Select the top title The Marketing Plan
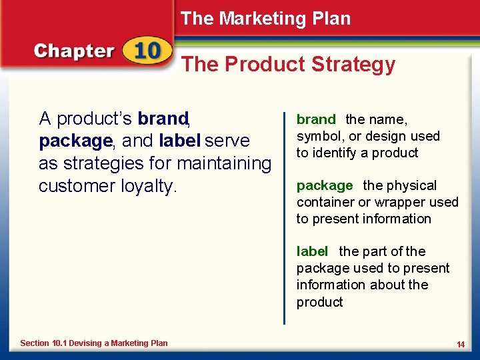(x=265, y=19)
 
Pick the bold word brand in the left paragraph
(x=162, y=119)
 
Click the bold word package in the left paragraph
(x=75, y=141)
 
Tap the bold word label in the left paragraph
(x=180, y=141)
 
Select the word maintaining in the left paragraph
(x=222, y=163)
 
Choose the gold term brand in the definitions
(x=316, y=120)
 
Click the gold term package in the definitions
(x=325, y=186)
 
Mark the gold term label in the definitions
(x=312, y=252)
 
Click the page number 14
(x=460, y=344)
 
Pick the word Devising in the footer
(x=86, y=343)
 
